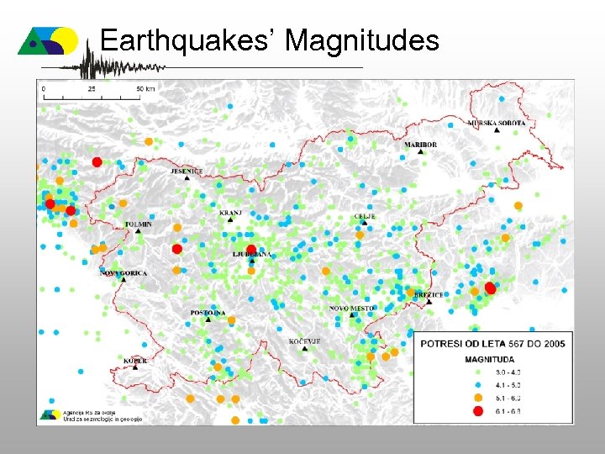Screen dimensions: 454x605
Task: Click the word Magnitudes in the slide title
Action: click(x=363, y=40)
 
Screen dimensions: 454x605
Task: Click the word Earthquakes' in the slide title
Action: click(x=190, y=40)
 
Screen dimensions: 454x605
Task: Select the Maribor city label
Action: click(x=420, y=145)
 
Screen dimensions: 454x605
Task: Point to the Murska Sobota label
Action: click(x=497, y=123)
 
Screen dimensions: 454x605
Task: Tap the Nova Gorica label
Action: click(x=124, y=273)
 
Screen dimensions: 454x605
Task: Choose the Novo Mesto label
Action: click(x=351, y=309)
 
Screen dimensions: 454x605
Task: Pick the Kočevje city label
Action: click(x=304, y=340)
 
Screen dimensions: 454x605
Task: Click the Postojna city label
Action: click(x=208, y=313)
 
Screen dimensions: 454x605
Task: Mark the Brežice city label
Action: click(x=429, y=295)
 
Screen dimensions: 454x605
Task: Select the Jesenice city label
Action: click(x=187, y=172)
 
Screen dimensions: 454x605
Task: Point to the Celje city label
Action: click(x=364, y=216)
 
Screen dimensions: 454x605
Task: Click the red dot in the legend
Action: click(x=478, y=410)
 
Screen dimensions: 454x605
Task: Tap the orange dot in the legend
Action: click(x=478, y=397)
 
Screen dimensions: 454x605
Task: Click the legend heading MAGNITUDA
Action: click(x=489, y=358)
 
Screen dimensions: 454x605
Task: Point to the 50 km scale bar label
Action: click(x=145, y=87)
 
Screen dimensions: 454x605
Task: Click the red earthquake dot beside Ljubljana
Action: click(x=251, y=248)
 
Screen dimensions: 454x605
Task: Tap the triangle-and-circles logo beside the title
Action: click(x=48, y=40)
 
